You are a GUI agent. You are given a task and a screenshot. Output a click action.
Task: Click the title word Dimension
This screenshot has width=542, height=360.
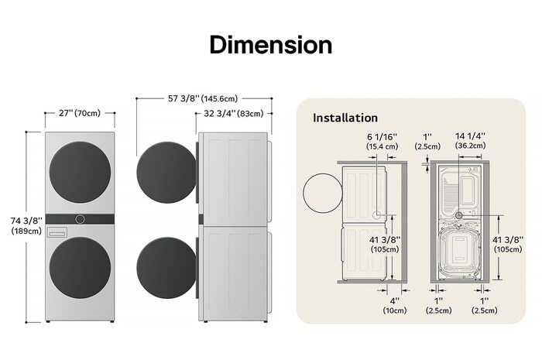click(270, 44)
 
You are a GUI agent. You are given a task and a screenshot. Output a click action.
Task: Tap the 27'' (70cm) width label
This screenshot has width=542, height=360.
click(79, 113)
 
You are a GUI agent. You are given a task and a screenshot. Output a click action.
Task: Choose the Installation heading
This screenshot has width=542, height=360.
click(345, 118)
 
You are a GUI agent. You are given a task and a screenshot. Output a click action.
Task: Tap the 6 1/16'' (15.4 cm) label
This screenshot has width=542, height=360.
click(382, 141)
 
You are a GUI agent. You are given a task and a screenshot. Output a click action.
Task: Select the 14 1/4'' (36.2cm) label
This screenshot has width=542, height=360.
click(471, 141)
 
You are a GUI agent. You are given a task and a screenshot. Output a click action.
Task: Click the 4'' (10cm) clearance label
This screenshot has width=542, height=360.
click(395, 305)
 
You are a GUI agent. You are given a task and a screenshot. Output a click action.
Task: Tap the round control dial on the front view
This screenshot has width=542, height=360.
click(80, 220)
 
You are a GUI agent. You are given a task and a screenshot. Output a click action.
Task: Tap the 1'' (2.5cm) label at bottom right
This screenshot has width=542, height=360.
click(484, 305)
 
